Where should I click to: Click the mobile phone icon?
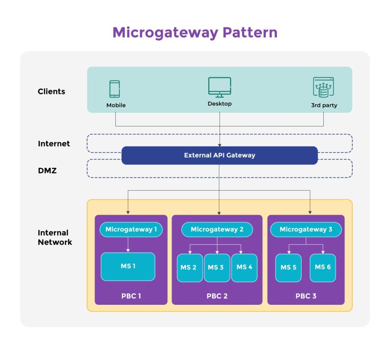tap(115, 89)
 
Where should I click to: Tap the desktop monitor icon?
tap(220, 87)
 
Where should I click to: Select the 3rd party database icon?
tap(323, 87)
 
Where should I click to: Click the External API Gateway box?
tap(220, 156)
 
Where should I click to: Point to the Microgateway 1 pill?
tap(131, 229)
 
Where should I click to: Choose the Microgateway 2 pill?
tap(217, 229)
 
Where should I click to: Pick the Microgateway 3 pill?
tap(306, 229)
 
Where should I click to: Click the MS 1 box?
tap(128, 267)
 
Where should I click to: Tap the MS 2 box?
tap(190, 268)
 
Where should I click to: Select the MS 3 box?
tap(217, 268)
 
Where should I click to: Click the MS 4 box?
tap(244, 268)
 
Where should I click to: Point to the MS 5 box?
tap(289, 268)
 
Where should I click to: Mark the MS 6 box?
tap(323, 268)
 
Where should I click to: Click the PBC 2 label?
tap(217, 296)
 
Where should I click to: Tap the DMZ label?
tap(47, 171)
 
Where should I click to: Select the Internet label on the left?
tap(54, 143)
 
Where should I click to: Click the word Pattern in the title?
tap(250, 33)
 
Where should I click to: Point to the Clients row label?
tap(51, 91)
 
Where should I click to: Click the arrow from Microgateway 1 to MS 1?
tap(128, 244)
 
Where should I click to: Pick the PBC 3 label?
tap(306, 296)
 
